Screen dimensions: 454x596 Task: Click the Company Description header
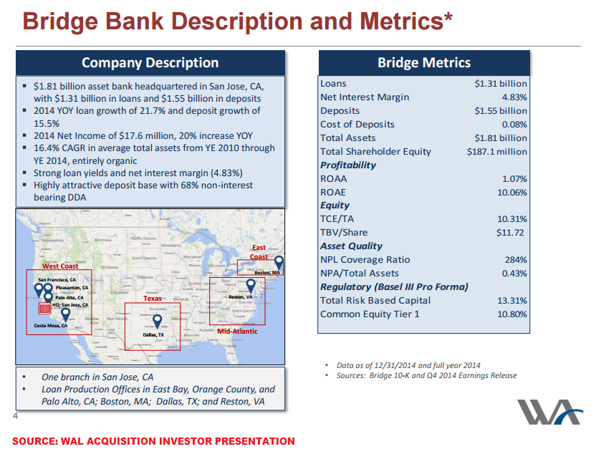pyautogui.click(x=150, y=62)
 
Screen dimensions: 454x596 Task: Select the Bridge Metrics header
pyautogui.click(x=424, y=62)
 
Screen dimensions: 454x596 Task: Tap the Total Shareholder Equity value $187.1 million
pyautogui.click(x=496, y=152)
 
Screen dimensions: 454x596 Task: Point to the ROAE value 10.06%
pyautogui.click(x=511, y=193)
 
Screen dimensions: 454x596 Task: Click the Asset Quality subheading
pyautogui.click(x=351, y=246)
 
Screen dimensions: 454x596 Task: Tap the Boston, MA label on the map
pyautogui.click(x=267, y=273)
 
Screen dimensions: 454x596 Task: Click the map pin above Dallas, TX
pyautogui.click(x=156, y=320)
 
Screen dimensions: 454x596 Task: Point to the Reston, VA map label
pyautogui.click(x=241, y=297)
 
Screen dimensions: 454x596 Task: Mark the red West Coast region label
pyautogui.click(x=60, y=266)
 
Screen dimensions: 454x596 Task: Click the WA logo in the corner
pyautogui.click(x=549, y=412)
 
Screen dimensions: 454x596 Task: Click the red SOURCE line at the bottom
pyautogui.click(x=153, y=441)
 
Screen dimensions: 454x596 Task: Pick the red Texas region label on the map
pyautogui.click(x=153, y=299)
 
